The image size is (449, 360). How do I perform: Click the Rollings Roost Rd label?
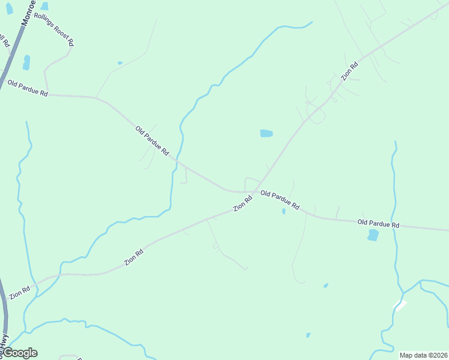(x=54, y=30)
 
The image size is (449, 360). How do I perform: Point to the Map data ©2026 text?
(x=423, y=355)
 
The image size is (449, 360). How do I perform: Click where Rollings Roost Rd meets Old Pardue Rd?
(x=48, y=94)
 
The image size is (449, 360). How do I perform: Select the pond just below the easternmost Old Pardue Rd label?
(x=373, y=235)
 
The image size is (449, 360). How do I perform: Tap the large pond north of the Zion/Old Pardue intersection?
(x=266, y=133)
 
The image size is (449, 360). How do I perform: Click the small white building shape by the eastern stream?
(x=400, y=305)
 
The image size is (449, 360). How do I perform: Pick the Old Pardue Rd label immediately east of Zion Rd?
(x=280, y=200)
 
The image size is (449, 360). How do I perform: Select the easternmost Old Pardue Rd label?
(x=378, y=224)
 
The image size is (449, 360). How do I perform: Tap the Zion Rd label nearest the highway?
(x=19, y=293)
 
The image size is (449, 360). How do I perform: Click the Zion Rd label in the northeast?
(x=349, y=71)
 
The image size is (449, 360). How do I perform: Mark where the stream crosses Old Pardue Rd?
(x=176, y=160)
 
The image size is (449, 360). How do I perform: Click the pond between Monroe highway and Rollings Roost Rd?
(x=26, y=62)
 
